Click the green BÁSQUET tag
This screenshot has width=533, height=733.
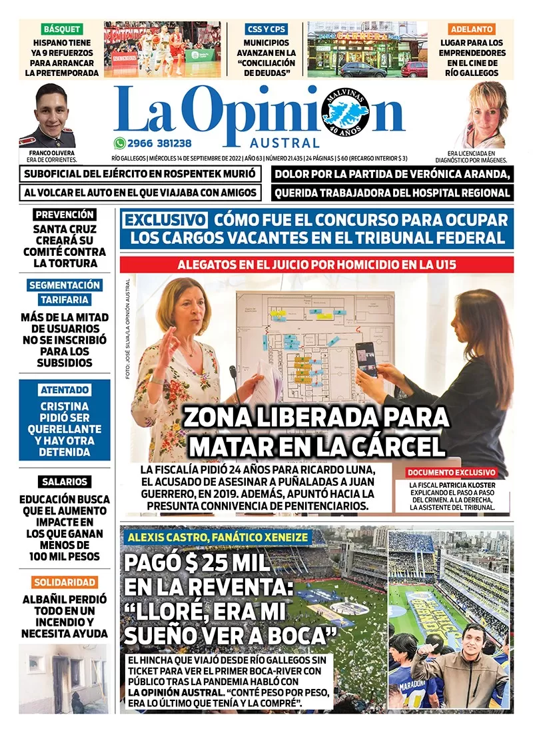point(62,29)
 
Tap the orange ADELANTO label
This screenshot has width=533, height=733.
point(472,29)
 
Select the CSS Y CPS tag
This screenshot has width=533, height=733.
point(266,29)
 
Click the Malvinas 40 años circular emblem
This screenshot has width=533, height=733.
point(345,111)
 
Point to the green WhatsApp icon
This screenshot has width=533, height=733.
point(119,143)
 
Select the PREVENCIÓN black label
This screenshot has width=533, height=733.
point(65,215)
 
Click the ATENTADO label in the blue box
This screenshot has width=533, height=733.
point(65,390)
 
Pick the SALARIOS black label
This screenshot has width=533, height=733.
point(65,481)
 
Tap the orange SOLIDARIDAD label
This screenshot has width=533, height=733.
point(65,582)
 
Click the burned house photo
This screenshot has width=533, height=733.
point(65,669)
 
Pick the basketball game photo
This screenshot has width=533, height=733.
point(162,49)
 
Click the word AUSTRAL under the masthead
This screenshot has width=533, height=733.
point(285,143)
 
